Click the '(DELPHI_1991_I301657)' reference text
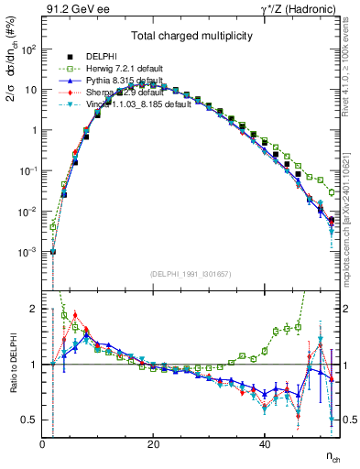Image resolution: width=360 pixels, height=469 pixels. pyautogui.click(x=191, y=274)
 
